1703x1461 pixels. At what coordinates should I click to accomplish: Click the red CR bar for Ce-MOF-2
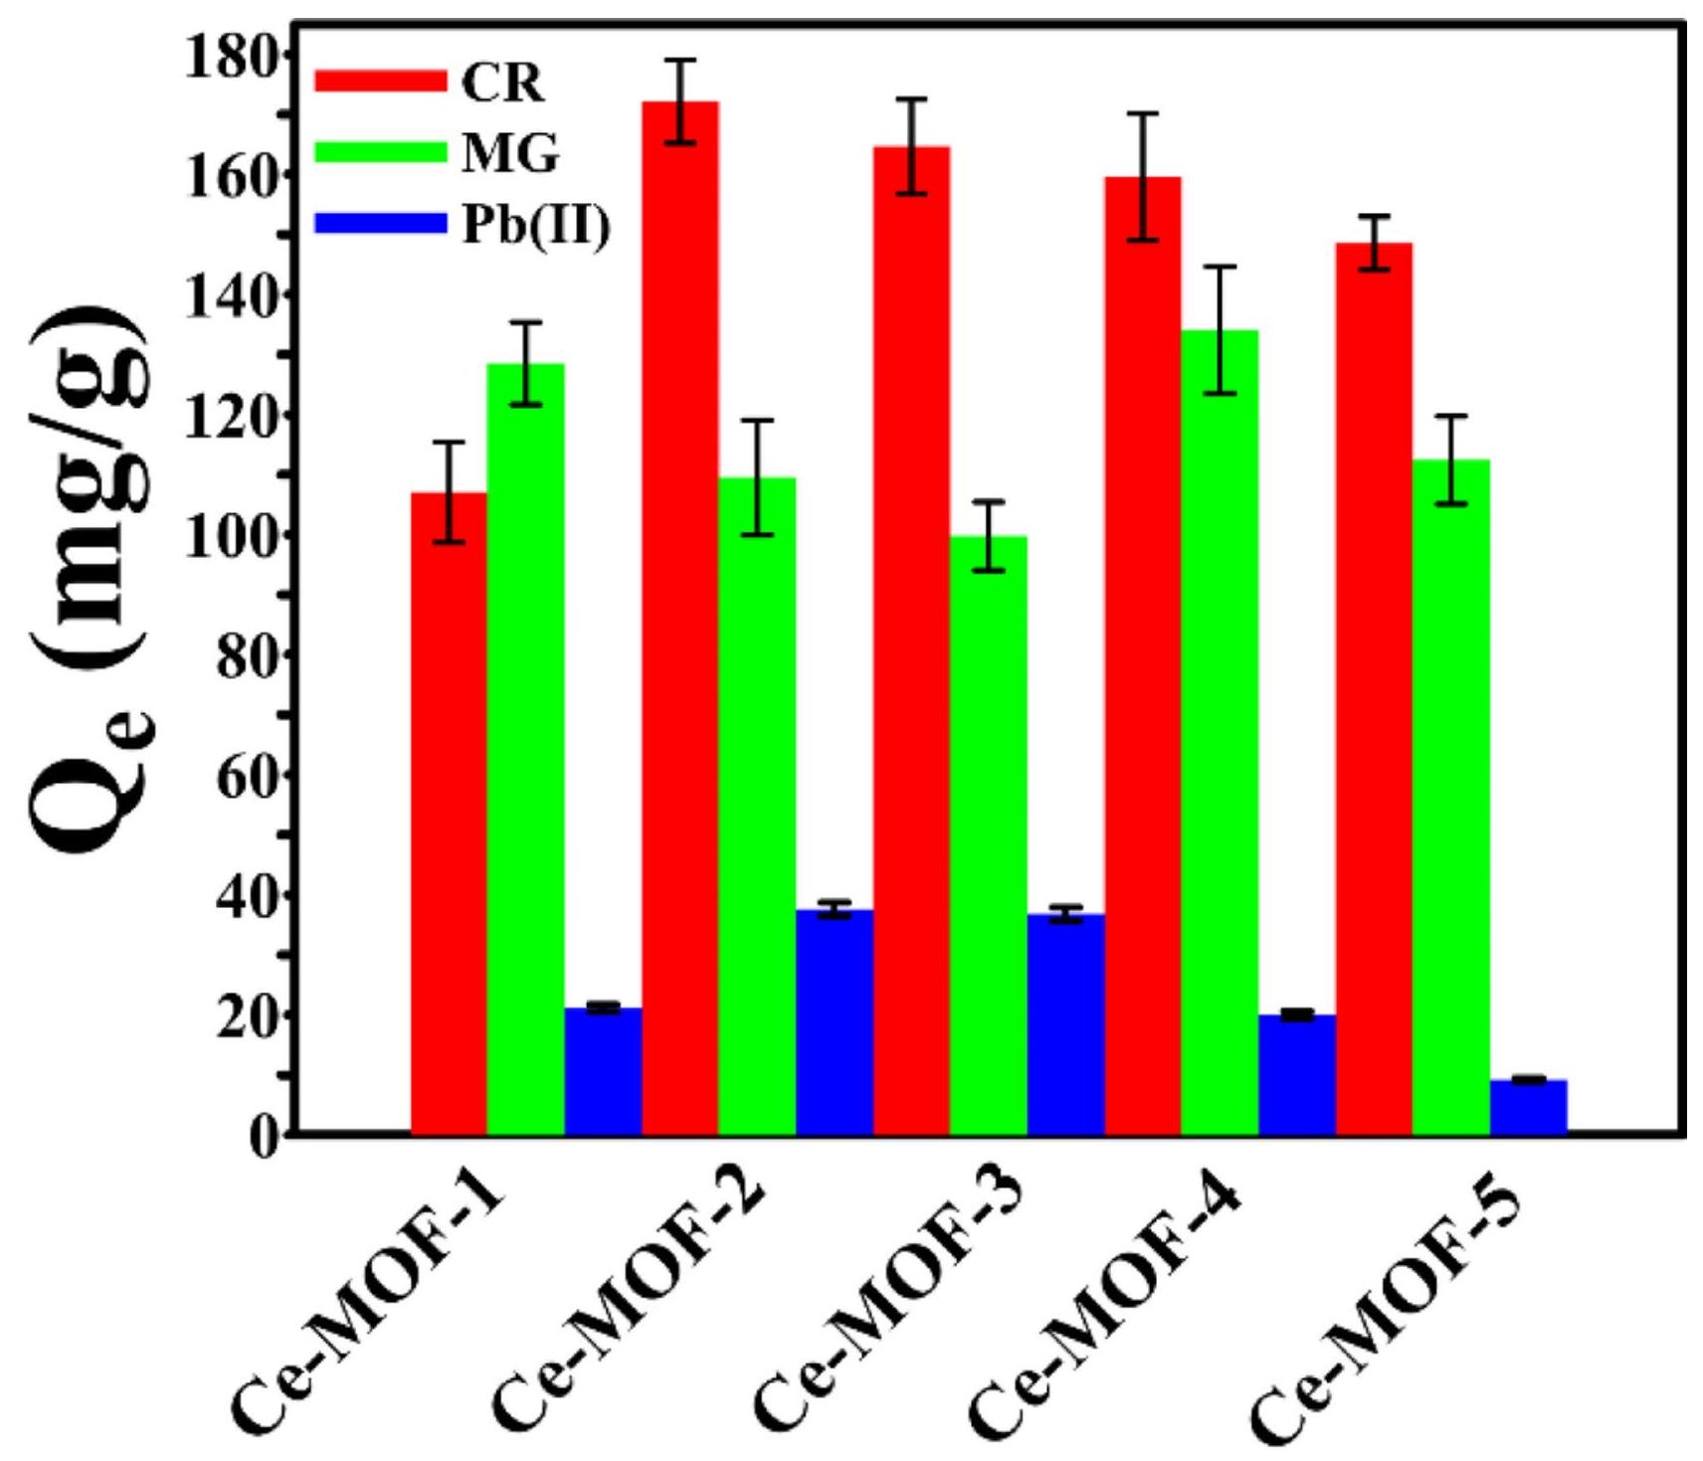point(680,617)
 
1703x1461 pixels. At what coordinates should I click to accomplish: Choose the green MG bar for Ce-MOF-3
point(989,835)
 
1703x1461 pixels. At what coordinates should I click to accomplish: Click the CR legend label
point(503,84)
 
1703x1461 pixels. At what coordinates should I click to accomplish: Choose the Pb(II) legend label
point(536,226)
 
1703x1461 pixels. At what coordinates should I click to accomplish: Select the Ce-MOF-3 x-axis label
point(885,1313)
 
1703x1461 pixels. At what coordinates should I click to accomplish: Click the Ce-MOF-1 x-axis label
point(368,1313)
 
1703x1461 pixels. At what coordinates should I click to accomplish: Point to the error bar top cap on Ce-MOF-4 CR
point(1143,113)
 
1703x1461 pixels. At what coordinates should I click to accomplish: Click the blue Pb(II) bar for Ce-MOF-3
point(1065,1023)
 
